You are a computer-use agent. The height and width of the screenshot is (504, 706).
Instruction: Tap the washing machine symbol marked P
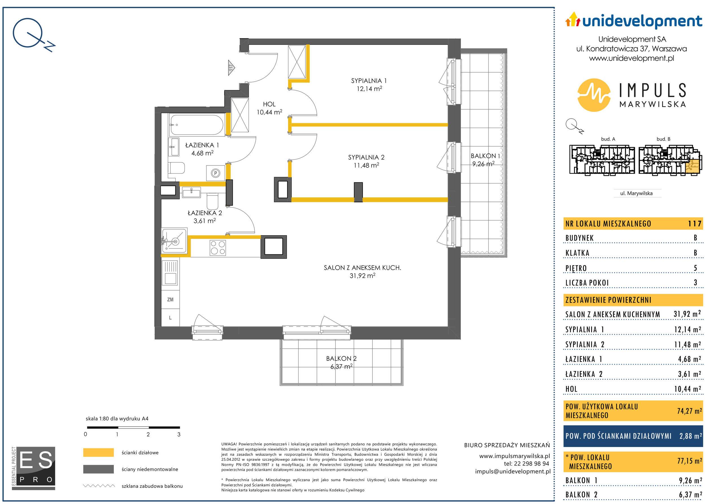click(x=216, y=173)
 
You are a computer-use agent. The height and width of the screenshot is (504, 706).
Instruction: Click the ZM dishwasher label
click(x=170, y=300)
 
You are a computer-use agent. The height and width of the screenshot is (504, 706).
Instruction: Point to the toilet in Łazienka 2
click(x=213, y=201)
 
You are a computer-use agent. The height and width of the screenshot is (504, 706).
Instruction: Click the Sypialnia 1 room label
click(x=369, y=81)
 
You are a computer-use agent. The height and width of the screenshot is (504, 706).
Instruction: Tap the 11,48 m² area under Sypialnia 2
click(x=367, y=165)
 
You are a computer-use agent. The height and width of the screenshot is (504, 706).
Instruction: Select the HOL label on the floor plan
click(x=269, y=104)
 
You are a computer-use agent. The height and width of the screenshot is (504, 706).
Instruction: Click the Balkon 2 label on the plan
click(x=341, y=359)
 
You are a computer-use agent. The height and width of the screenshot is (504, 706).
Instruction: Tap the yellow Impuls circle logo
click(x=594, y=95)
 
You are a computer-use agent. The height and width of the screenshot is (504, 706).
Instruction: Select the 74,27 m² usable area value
click(x=689, y=411)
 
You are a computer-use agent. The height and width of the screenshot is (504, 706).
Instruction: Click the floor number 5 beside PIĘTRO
click(x=696, y=268)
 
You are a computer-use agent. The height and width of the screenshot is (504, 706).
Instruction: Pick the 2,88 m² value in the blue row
click(x=690, y=436)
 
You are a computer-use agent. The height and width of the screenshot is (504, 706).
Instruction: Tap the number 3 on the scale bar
click(x=179, y=434)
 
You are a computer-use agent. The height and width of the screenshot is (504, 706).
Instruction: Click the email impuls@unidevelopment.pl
click(x=513, y=472)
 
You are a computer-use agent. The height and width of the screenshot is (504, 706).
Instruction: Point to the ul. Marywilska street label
click(x=636, y=193)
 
